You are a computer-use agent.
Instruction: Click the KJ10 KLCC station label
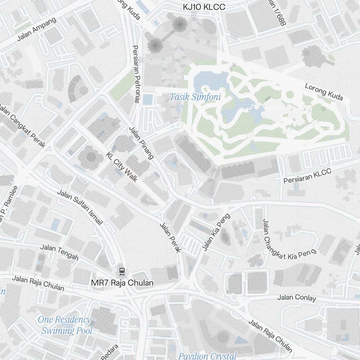pos(204,7)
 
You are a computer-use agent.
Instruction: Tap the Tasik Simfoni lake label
pos(195,97)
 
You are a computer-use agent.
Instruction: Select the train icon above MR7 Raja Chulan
pos(122,271)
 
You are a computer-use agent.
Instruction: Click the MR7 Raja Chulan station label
pos(122,283)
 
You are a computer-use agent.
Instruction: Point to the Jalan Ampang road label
pos(37,29)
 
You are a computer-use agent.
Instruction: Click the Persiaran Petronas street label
pos(136,74)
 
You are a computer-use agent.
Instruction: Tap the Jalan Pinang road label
pos(141,143)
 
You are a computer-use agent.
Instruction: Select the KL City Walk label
pos(122,167)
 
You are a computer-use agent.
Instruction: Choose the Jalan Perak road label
pos(170,238)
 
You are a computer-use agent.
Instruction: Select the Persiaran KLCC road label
pos(307,176)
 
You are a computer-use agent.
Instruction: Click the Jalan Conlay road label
pos(297,298)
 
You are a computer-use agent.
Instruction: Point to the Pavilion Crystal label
pos(208,356)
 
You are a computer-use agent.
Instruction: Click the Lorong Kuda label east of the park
pos(324,92)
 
